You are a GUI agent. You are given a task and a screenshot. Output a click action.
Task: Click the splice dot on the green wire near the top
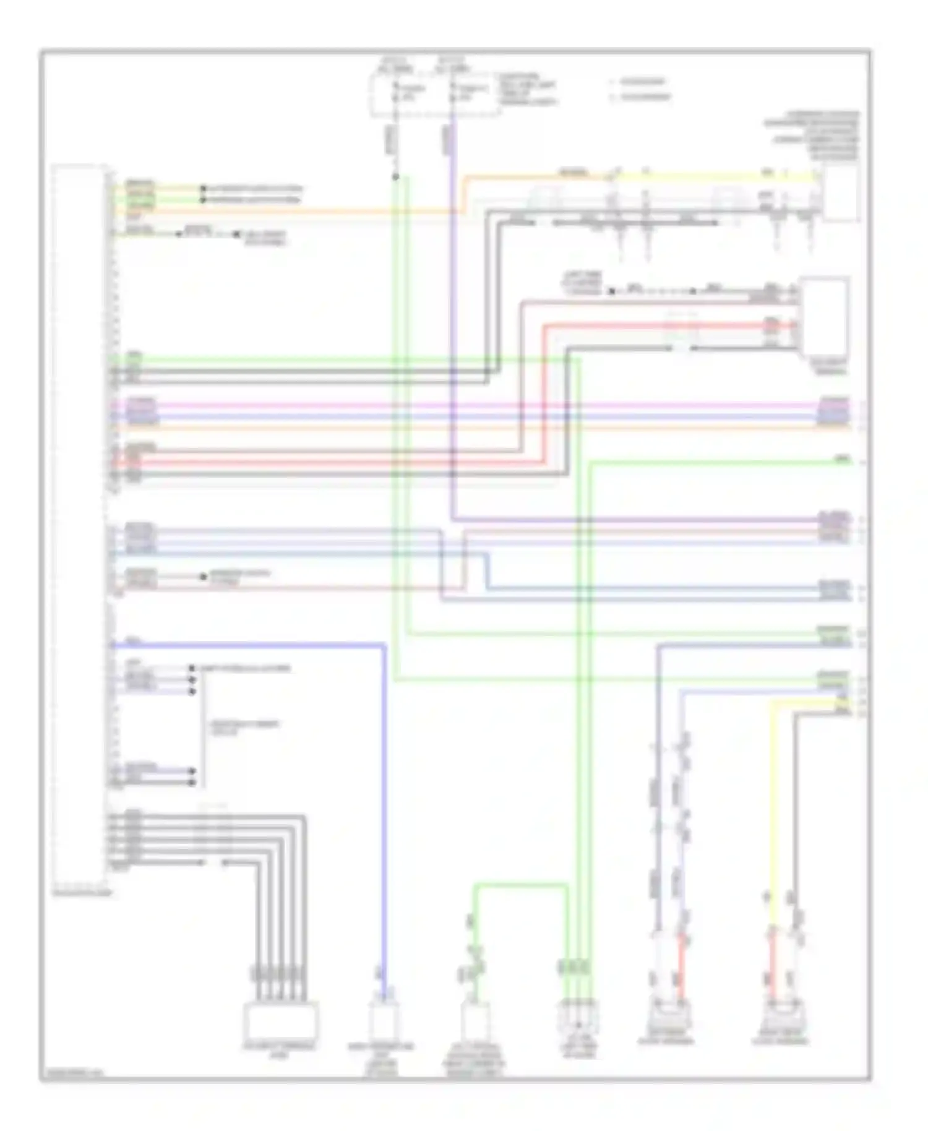tap(396, 178)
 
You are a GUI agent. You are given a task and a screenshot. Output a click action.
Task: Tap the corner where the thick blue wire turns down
tap(384, 646)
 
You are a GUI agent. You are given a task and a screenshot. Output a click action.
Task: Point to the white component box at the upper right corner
tap(841, 193)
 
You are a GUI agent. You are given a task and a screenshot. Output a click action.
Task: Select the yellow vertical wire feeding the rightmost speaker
tap(772, 804)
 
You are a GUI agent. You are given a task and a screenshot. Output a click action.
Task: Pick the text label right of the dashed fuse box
tap(529, 90)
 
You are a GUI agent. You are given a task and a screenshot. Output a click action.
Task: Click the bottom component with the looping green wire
tap(475, 1024)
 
